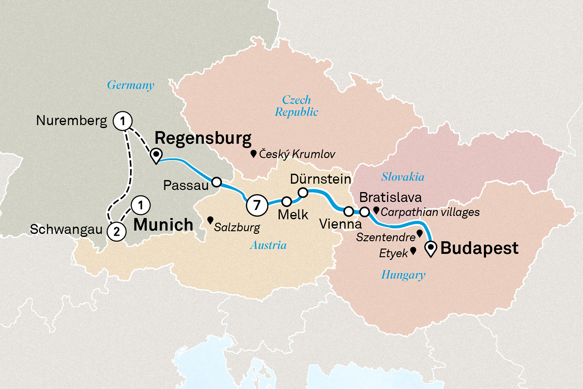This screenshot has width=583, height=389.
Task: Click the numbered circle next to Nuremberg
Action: (122, 121)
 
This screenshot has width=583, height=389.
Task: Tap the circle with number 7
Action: (257, 205)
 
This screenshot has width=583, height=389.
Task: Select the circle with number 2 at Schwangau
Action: (117, 232)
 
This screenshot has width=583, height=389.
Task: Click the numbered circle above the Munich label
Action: (141, 205)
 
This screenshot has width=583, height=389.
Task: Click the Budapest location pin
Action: (431, 248)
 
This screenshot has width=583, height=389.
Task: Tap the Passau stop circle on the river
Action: (216, 182)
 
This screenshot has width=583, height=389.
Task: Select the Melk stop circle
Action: (286, 202)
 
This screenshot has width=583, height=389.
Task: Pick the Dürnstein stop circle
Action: (303, 192)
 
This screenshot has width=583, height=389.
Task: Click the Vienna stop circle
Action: (349, 212)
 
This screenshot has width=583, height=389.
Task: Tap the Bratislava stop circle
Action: (364, 212)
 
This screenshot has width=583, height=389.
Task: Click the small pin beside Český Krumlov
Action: (253, 154)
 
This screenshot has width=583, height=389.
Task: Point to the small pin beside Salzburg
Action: (210, 221)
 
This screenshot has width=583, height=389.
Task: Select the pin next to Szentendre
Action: (420, 233)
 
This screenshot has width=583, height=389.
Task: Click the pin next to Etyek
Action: (413, 251)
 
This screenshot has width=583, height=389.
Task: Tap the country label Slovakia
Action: (403, 177)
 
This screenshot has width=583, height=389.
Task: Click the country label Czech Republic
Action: (297, 106)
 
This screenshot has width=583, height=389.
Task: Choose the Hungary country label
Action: (403, 275)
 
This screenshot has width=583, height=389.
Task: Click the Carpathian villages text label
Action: (430, 212)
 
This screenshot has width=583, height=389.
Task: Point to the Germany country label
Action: (131, 85)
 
